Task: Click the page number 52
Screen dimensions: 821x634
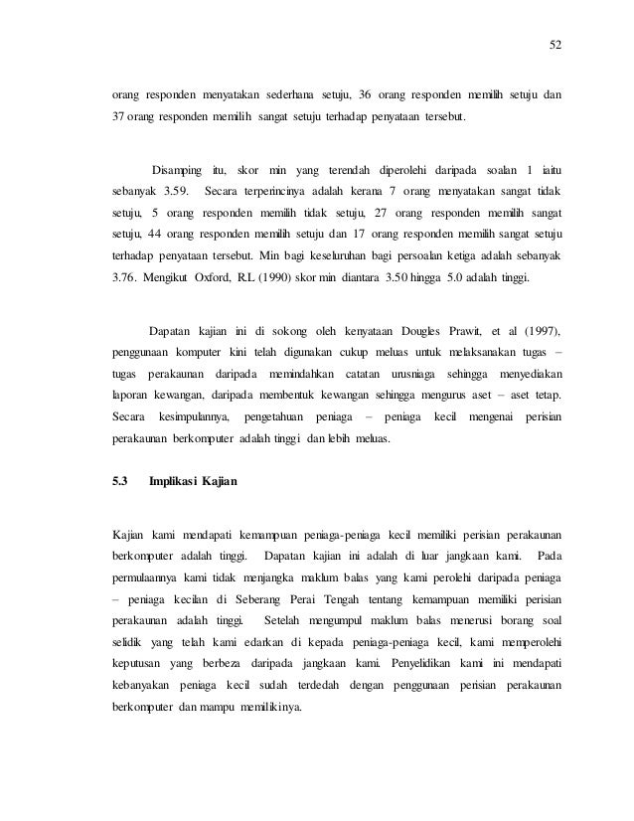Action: [x=555, y=45]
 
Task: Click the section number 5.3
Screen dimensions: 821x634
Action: [x=120, y=482]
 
